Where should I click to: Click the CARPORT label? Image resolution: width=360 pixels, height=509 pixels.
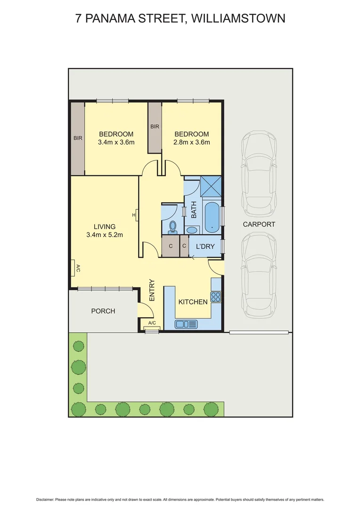(x=259, y=224)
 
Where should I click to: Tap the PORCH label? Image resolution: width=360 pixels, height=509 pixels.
(x=103, y=311)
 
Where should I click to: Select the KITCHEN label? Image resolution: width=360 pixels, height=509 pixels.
(x=192, y=302)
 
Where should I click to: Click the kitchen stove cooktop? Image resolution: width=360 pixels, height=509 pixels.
(x=216, y=297)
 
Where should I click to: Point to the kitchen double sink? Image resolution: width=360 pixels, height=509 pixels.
(x=187, y=324)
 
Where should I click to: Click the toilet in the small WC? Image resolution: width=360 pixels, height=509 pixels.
(x=172, y=227)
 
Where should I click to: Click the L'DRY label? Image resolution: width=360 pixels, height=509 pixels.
(x=205, y=246)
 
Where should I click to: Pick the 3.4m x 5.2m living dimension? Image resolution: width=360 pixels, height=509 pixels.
(x=105, y=235)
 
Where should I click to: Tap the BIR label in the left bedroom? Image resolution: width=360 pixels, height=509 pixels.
(x=78, y=139)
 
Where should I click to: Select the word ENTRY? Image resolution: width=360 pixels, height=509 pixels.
(x=152, y=290)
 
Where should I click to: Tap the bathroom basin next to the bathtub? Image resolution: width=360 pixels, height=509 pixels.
(x=192, y=230)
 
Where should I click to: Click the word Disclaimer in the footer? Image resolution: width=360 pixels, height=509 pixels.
(x=45, y=500)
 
